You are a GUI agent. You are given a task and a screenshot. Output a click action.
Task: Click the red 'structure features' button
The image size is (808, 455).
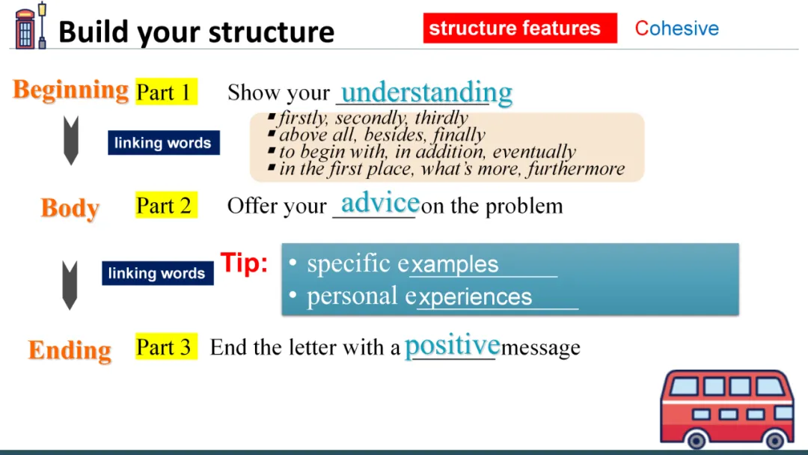click(x=520, y=28)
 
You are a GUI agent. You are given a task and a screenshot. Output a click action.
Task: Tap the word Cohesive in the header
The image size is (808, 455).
click(x=676, y=28)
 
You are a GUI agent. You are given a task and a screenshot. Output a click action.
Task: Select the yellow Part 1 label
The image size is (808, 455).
click(x=166, y=92)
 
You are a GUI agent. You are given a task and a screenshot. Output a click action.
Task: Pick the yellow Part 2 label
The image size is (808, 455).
click(x=166, y=205)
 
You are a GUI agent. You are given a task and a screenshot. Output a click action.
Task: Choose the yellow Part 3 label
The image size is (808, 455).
click(x=166, y=346)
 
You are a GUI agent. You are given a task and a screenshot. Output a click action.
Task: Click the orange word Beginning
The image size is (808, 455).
click(x=70, y=90)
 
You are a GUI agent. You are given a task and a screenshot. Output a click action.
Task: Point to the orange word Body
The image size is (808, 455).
click(x=70, y=208)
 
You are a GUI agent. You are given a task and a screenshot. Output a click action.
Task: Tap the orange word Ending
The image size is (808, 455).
click(x=70, y=350)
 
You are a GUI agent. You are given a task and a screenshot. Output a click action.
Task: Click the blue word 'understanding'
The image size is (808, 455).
click(x=426, y=93)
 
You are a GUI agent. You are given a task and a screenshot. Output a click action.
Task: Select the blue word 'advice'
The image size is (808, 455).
click(x=380, y=203)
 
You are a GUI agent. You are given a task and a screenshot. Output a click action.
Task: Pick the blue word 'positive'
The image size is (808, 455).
click(x=453, y=345)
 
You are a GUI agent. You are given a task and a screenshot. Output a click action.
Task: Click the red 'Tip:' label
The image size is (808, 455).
click(x=244, y=263)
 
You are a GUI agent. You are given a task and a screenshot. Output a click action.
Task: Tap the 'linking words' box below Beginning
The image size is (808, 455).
click(x=164, y=143)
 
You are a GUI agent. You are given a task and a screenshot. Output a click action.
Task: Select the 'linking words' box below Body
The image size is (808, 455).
click(x=158, y=273)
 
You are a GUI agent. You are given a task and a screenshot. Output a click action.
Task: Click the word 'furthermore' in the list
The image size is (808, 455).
click(x=575, y=168)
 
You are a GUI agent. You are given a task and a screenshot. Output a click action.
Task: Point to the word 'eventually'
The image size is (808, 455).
click(x=534, y=151)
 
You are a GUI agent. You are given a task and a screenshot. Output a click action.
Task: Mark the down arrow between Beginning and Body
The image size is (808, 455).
click(x=71, y=140)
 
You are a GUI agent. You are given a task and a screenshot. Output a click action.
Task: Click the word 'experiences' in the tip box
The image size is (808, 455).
click(x=474, y=297)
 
